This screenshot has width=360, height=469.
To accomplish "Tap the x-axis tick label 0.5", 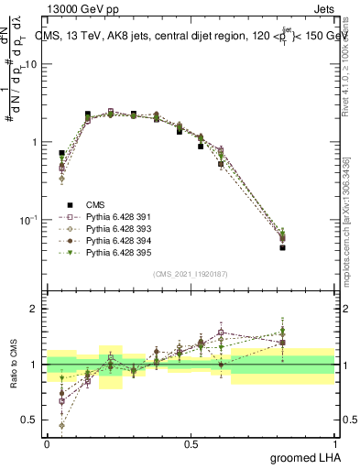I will pos(191,443).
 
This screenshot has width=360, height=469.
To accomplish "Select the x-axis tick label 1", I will pos(336,443).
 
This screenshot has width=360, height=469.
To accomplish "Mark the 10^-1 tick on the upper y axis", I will pos(31,220).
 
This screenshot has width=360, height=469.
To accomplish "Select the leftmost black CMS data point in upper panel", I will pos(61,153).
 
